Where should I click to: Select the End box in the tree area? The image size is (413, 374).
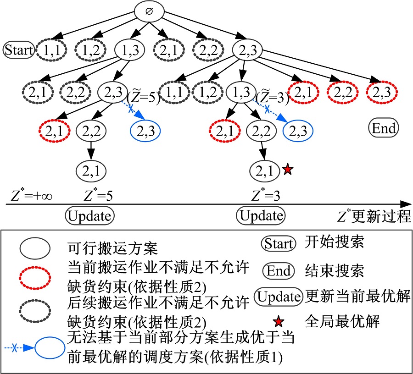coord(384,129)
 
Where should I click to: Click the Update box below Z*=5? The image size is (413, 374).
coord(90,216)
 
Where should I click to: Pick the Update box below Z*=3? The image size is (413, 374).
coord(261,216)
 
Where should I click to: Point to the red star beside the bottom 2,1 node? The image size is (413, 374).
coord(288,170)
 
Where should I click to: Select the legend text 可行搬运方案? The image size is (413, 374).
coord(113,249)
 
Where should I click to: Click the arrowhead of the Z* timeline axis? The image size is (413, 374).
coord(406,204)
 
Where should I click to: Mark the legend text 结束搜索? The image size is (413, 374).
coord(334,270)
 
